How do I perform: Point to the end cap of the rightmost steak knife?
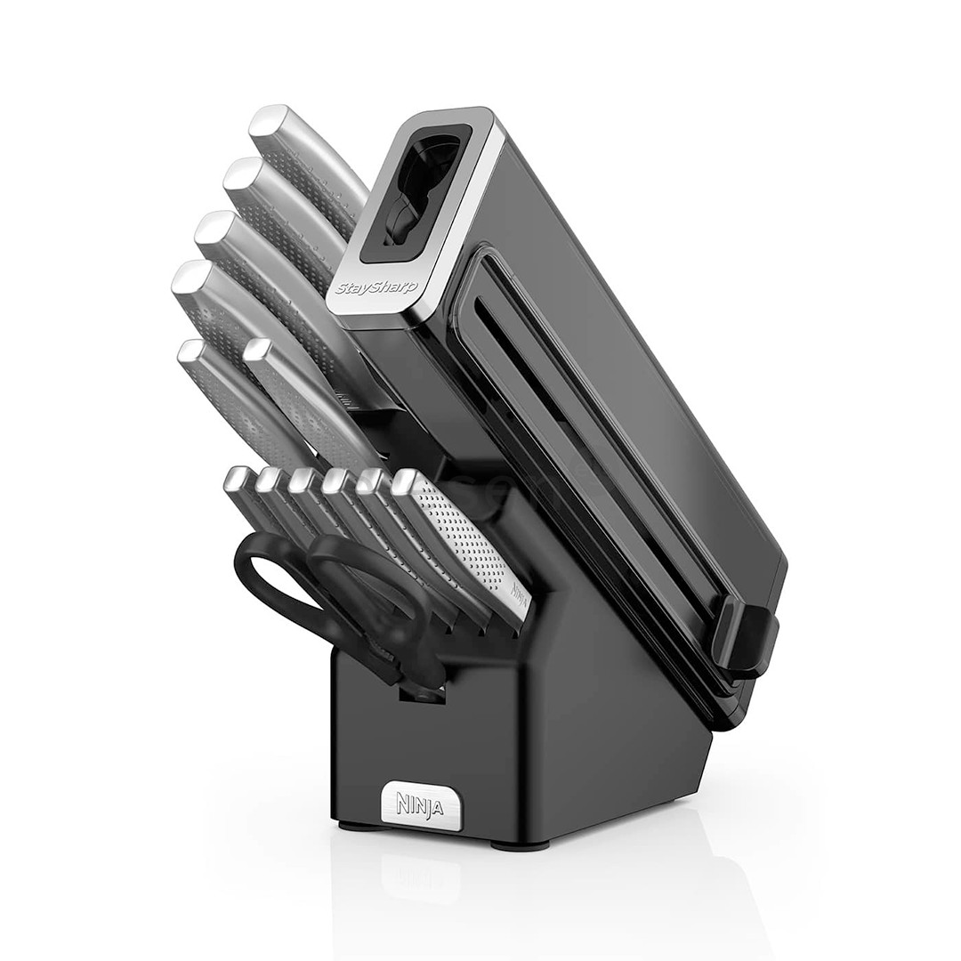pos(404,481)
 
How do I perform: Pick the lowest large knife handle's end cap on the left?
pos(190,352)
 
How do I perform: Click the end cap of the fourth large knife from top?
pos(188,279)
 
